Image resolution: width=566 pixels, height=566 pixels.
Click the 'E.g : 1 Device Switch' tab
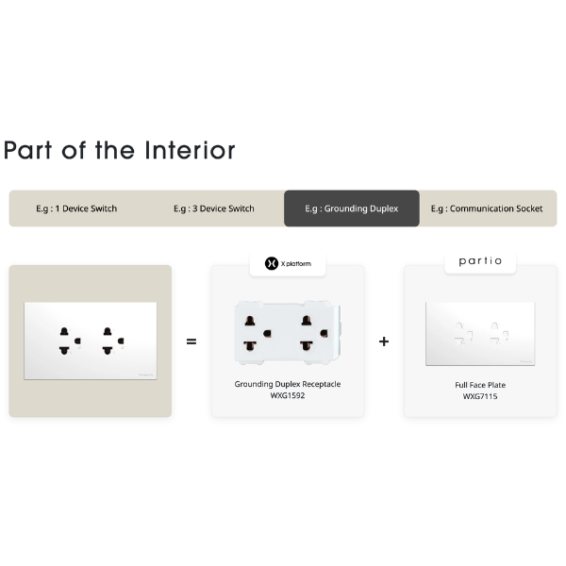76,208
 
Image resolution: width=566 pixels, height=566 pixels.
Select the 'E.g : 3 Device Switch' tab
214,208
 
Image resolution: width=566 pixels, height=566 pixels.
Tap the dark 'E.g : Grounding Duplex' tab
352,208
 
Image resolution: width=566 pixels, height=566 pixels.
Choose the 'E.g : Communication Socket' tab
487,208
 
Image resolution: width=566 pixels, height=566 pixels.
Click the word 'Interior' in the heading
190,150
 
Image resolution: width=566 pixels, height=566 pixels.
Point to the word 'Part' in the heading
27,150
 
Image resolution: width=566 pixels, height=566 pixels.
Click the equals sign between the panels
191,341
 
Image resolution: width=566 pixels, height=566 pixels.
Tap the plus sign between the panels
384,341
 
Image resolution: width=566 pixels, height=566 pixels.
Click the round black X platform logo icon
272,263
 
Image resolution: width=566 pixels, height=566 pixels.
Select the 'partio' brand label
480,260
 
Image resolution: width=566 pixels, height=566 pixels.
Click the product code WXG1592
288,395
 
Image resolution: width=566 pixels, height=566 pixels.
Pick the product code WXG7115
480,396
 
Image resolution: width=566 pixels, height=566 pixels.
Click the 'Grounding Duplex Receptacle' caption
288,384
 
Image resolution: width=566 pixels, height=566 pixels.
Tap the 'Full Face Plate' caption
480,385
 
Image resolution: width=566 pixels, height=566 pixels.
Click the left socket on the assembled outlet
70,341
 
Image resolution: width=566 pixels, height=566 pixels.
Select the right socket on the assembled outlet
113,341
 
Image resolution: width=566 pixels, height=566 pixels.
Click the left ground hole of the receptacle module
267,334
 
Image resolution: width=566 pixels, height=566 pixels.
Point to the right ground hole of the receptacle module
324,333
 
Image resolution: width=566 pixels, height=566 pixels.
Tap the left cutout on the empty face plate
463,334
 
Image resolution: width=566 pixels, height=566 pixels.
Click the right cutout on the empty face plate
499,334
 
